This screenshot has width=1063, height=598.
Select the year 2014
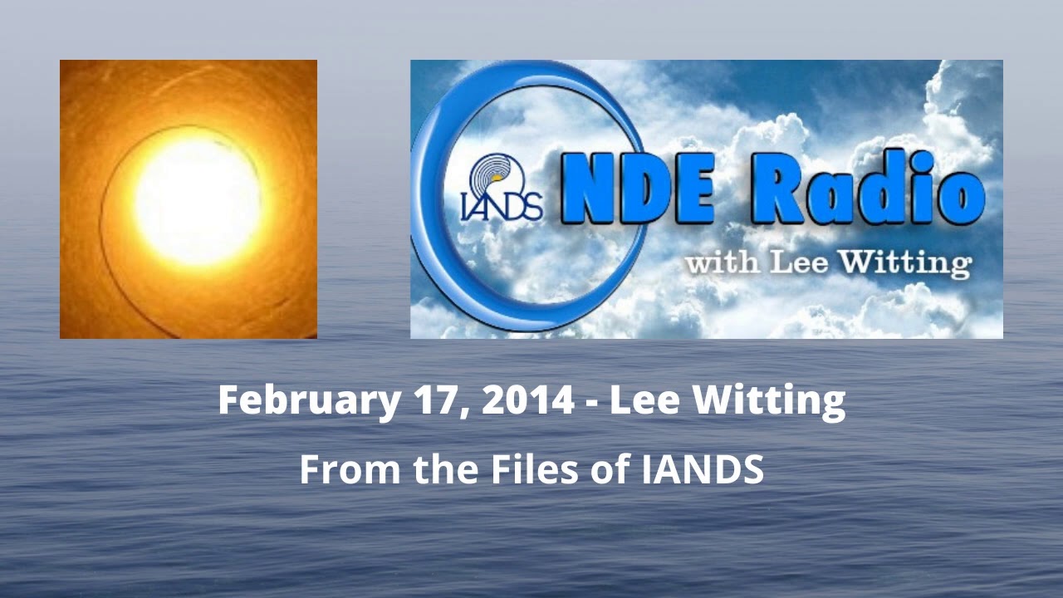click(527, 400)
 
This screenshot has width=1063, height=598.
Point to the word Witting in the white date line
click(769, 400)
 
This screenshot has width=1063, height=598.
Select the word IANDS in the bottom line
click(703, 470)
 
